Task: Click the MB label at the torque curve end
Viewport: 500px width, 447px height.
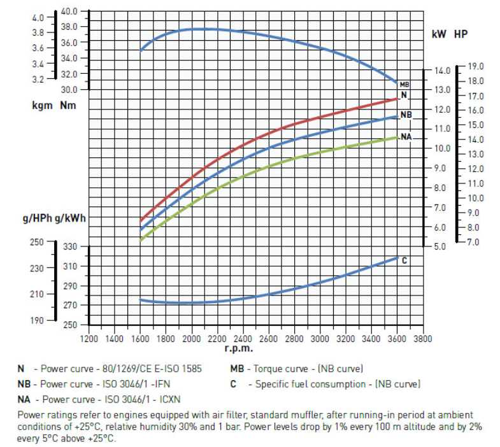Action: point(404,84)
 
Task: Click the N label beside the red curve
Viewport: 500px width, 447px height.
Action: point(404,96)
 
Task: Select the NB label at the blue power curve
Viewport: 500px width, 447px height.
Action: point(406,115)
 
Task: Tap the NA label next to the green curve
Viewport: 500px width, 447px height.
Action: point(406,136)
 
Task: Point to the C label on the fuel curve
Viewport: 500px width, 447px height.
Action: point(404,260)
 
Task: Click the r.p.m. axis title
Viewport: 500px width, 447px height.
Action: point(239,348)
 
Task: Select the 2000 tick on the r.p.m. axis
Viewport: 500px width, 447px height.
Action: point(191,338)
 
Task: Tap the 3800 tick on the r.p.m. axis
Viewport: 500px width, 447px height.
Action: point(422,338)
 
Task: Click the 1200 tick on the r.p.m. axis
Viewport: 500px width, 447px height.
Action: point(89,338)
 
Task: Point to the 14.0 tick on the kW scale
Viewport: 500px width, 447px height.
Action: point(442,70)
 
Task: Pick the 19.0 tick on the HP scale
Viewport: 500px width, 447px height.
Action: point(476,66)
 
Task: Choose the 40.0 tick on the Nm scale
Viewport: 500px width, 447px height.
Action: point(69,11)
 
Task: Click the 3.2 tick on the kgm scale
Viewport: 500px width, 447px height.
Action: point(38,80)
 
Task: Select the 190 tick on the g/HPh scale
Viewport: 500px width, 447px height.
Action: point(38,320)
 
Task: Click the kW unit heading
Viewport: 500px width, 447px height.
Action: point(438,34)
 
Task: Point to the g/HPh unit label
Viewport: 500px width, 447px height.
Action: point(36,218)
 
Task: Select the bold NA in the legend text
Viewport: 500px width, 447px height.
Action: point(24,399)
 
